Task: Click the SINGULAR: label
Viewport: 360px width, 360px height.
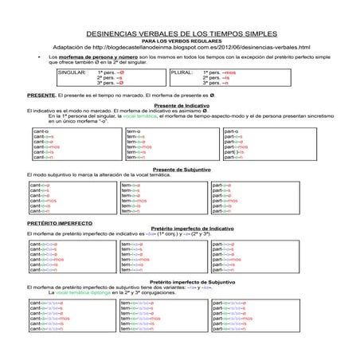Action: (x=73, y=72)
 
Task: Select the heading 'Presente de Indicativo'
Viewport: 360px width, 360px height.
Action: (x=179, y=105)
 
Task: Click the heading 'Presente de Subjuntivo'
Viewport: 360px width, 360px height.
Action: (x=179, y=170)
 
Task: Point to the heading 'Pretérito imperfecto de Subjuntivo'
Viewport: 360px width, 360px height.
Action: (x=179, y=283)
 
